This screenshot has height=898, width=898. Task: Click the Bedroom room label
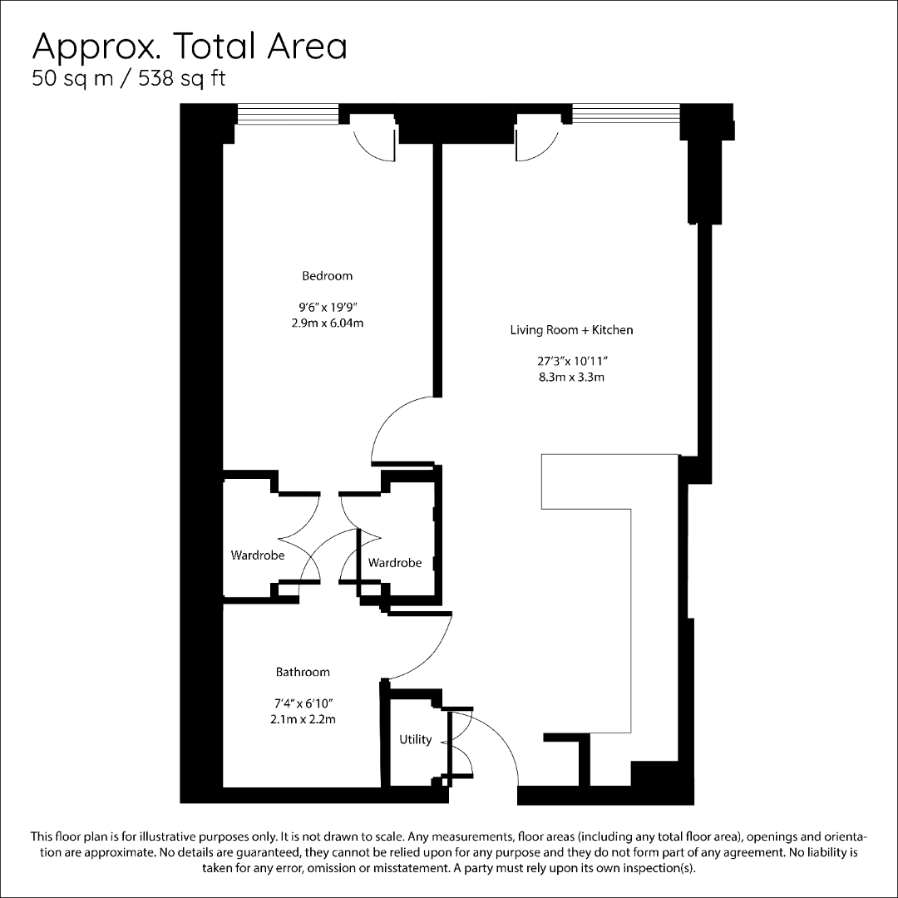[x=327, y=276]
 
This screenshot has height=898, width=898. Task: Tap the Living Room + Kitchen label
[x=571, y=330]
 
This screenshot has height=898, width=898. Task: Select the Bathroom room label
[x=303, y=672]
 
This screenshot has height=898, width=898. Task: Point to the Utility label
[x=415, y=739]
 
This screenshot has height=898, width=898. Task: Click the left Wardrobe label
[x=257, y=555]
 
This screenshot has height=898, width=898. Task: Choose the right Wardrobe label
[x=395, y=563]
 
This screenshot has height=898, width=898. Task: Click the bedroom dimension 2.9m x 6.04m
[x=327, y=323]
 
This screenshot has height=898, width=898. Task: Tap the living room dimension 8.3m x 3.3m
[x=571, y=377]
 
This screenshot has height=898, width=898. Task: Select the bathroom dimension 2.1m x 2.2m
[x=303, y=718]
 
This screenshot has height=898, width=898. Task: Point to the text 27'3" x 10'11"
[x=571, y=361]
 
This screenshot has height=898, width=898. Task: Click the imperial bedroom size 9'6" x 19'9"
[x=327, y=307]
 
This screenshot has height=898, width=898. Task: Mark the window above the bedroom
[x=288, y=113]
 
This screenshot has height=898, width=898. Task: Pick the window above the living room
[x=626, y=113]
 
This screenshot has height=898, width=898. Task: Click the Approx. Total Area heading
[x=190, y=47]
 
